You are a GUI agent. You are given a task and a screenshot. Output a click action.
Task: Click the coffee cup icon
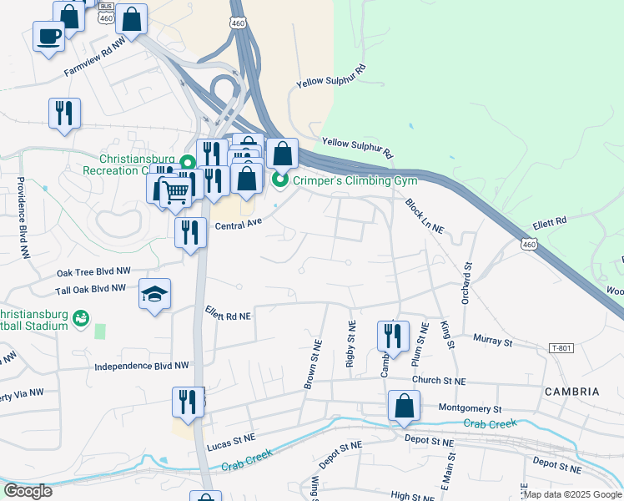[x=48, y=36]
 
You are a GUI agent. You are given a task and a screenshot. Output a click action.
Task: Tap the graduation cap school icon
[x=154, y=294]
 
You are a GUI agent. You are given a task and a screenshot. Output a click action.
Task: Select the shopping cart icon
[x=175, y=191]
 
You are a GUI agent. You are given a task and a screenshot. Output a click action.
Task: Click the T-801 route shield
[x=562, y=347]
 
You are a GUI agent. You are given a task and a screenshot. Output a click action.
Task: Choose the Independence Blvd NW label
[x=142, y=366]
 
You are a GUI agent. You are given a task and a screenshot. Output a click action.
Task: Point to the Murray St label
[x=491, y=341]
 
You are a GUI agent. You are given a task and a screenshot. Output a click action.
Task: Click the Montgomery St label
[x=470, y=408]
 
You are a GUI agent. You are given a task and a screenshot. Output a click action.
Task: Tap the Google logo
[x=28, y=490]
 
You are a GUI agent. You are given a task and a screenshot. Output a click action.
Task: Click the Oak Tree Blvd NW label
[x=93, y=271]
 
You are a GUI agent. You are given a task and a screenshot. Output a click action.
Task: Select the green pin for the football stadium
[x=80, y=317]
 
